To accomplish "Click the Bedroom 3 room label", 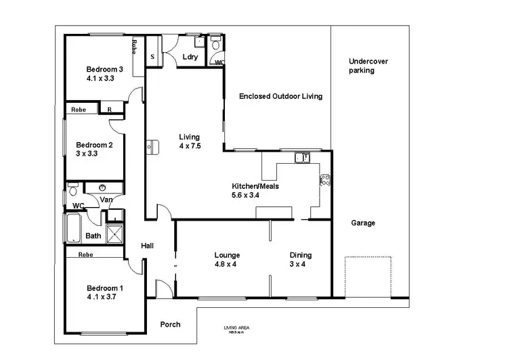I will point(104,69).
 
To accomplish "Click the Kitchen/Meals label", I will point(255,186).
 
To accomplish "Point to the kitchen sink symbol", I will point(302,158).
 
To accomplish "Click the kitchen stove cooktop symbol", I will point(324,181).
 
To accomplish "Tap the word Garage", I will point(363,223).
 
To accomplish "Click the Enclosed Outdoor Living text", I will point(280,97).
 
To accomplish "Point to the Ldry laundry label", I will point(190,58).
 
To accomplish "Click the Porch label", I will point(170,324).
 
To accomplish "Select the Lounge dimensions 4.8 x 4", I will point(226,265).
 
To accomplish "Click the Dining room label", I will point(301,255).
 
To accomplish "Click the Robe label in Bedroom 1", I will point(85,255).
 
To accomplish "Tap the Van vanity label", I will point(106,200).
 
